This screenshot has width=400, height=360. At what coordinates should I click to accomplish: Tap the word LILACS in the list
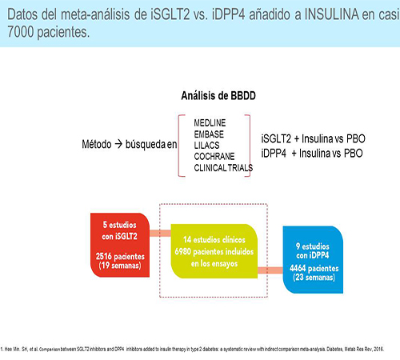(208, 144)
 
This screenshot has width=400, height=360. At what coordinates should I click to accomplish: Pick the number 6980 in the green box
(185, 251)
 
